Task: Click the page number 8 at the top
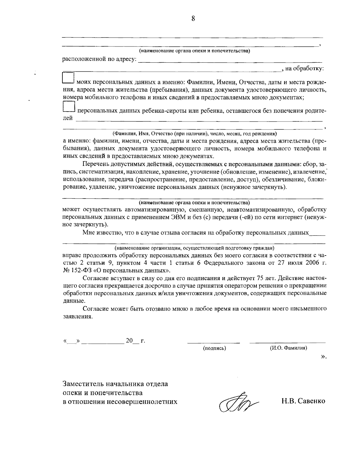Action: coord(193,19)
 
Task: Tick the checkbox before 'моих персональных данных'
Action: coord(68,78)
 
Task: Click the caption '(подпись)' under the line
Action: coord(214,348)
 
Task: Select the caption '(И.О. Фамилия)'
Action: coord(288,348)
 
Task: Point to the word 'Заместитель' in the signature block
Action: coord(80,384)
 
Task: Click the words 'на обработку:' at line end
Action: coord(304,69)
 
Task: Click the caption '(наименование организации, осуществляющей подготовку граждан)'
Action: coord(194,248)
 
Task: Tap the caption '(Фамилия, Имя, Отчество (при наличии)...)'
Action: coord(194,133)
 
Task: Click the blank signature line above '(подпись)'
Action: coord(214,342)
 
